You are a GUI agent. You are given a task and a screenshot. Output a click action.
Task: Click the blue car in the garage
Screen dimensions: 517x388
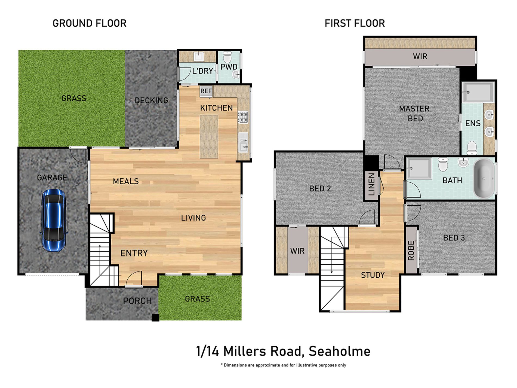pyautogui.click(x=54, y=220)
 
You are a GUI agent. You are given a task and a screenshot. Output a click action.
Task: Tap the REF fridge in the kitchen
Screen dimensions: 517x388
pyautogui.click(x=206, y=91)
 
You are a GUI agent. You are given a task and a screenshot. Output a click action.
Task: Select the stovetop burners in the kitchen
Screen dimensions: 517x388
pyautogui.click(x=243, y=117)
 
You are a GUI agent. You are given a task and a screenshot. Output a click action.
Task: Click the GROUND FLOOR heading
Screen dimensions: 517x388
pyautogui.click(x=90, y=23)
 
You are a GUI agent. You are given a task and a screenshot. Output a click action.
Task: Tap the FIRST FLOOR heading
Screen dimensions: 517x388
pyautogui.click(x=355, y=23)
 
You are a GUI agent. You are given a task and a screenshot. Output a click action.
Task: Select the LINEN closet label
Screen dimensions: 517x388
pyautogui.click(x=371, y=185)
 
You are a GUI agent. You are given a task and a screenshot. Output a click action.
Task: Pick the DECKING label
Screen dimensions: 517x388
pyautogui.click(x=151, y=100)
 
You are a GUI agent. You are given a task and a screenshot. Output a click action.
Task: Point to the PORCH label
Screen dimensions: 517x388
pyautogui.click(x=137, y=301)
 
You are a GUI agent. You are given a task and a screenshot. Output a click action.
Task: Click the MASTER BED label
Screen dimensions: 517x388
pyautogui.click(x=414, y=114)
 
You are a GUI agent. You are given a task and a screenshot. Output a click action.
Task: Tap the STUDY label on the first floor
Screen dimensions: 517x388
pyautogui.click(x=373, y=275)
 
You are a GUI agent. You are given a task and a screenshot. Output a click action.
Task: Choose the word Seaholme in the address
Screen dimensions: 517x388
pyautogui.click(x=340, y=351)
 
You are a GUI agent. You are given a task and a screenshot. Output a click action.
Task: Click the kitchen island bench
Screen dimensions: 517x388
pyautogui.click(x=209, y=136)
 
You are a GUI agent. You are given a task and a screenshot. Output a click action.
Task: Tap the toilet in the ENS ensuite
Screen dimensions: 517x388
pyautogui.click(x=472, y=147)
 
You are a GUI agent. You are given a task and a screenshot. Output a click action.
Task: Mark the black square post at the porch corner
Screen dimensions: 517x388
pyautogui.click(x=155, y=318)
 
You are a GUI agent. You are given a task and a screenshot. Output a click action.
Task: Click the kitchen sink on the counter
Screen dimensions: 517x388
pyautogui.click(x=243, y=142)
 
